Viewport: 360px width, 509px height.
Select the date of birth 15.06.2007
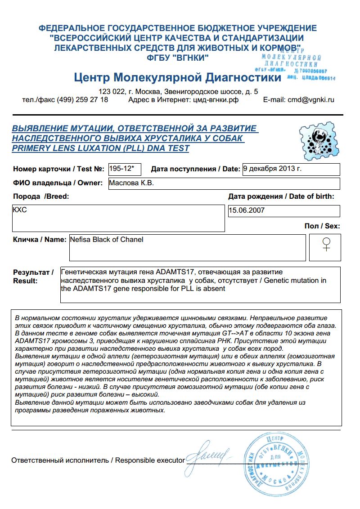(x=247, y=210)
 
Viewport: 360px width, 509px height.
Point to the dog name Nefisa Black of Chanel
(x=107, y=240)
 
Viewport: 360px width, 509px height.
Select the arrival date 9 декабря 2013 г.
(x=272, y=169)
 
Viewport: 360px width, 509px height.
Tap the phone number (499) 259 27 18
(x=82, y=100)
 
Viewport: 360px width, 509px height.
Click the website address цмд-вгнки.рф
(x=215, y=100)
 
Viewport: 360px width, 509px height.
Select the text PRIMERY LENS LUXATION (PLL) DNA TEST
(x=100, y=148)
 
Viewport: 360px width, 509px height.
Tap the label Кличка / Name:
(x=40, y=240)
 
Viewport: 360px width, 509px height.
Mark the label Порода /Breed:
(x=41, y=196)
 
